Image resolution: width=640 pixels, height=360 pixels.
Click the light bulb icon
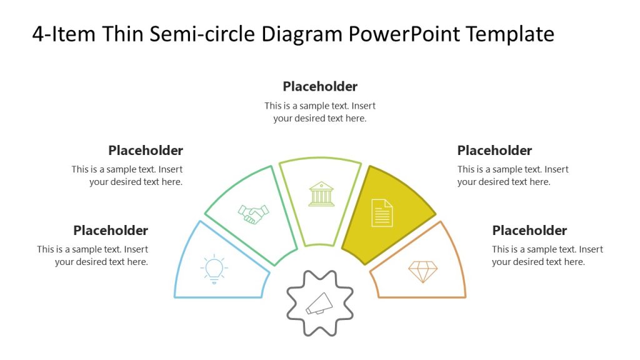pyautogui.click(x=214, y=269)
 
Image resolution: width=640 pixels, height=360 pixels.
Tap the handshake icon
pyautogui.click(x=253, y=214)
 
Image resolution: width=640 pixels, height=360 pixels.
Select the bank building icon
pyautogui.click(x=321, y=194)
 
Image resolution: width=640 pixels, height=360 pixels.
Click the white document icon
pyautogui.click(x=382, y=212)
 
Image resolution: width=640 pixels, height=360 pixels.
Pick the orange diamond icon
pyautogui.click(x=423, y=271)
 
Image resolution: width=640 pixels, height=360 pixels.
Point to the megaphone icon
pyautogui.click(x=319, y=303)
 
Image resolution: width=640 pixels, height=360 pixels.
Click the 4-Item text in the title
pyautogui.click(x=63, y=34)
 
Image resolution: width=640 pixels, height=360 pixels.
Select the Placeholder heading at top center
pyautogui.click(x=320, y=86)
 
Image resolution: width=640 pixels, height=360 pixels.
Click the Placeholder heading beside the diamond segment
pyautogui.click(x=529, y=230)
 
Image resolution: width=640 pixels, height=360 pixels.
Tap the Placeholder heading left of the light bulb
pyautogui.click(x=111, y=230)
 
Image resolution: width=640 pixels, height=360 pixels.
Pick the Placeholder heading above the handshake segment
pyautogui.click(x=146, y=150)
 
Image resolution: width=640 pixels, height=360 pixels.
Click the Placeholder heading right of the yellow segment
pyautogui.click(x=494, y=150)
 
